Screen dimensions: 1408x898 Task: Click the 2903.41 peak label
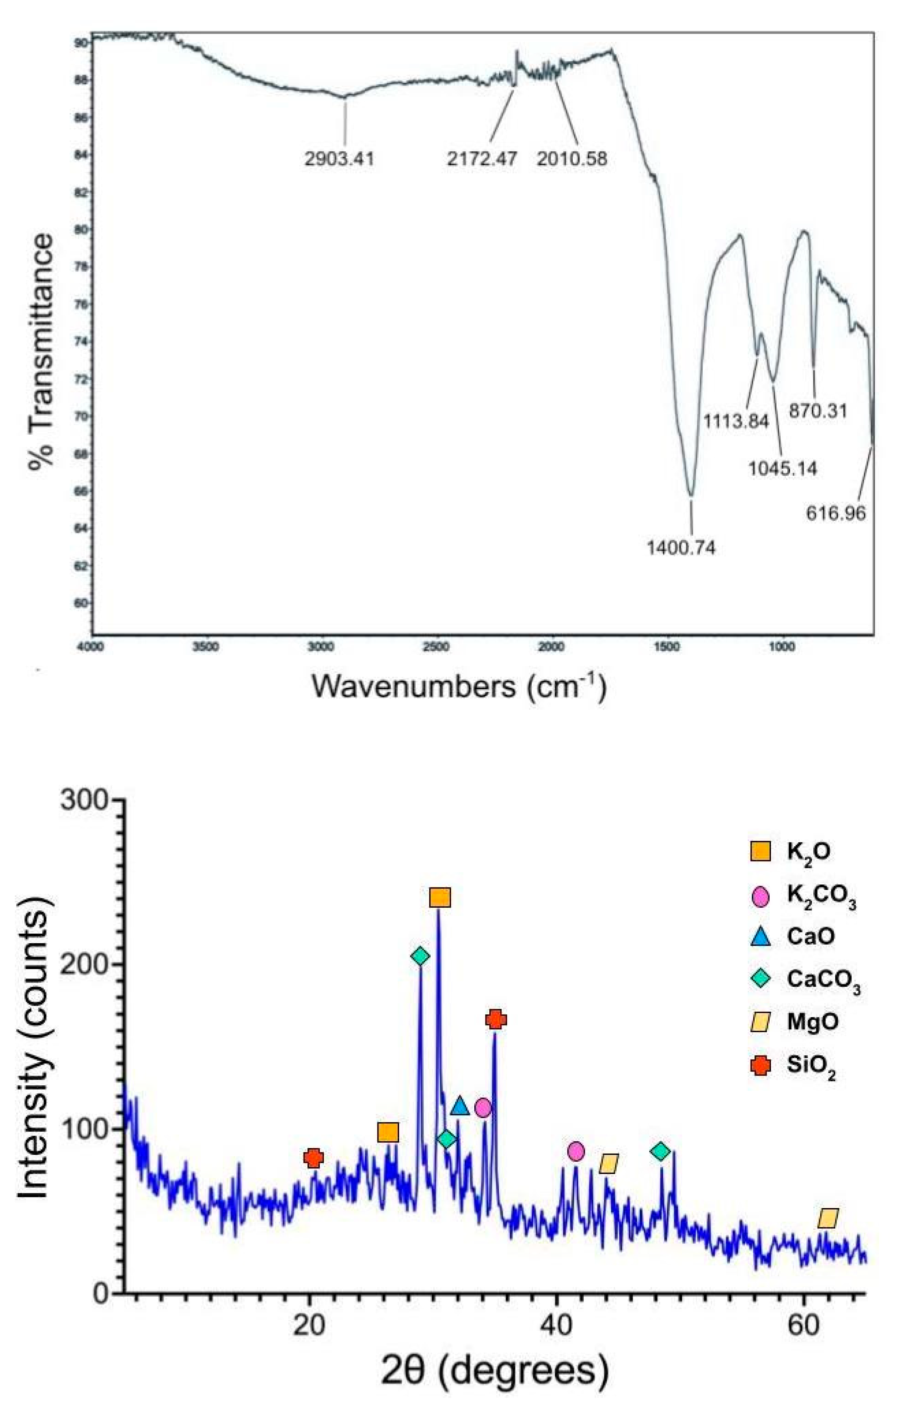pos(339,159)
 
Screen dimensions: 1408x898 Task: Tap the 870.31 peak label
pos(818,411)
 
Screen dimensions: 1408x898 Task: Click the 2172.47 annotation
pos(482,159)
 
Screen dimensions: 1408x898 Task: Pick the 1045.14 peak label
pos(783,468)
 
